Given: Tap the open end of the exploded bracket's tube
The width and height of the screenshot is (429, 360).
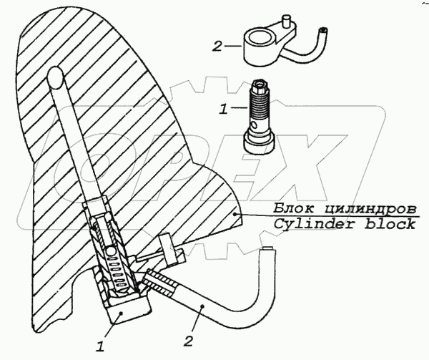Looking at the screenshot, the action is [x=325, y=31].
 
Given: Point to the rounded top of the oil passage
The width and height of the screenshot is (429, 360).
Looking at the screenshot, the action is [x=54, y=74].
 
